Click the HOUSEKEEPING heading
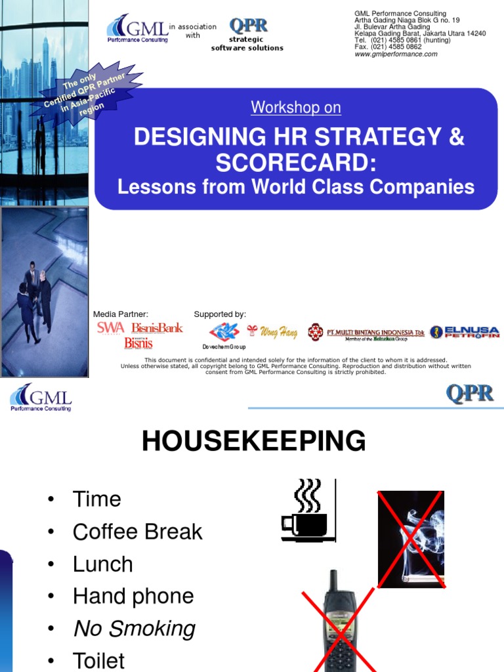pos(253,441)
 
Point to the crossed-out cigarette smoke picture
pos(411,539)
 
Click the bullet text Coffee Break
pos(137,532)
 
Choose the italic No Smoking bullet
pos(134,629)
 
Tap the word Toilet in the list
pos(98,660)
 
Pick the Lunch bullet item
pos(102,564)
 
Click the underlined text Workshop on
pos(296,108)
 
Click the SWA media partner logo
pos(110,327)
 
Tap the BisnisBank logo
pos(157,327)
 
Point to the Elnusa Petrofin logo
pos(465,332)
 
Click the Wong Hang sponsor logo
pos(272,332)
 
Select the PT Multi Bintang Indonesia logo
pos(367,333)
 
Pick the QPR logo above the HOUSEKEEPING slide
pos(469,394)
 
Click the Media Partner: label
pos(121,314)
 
